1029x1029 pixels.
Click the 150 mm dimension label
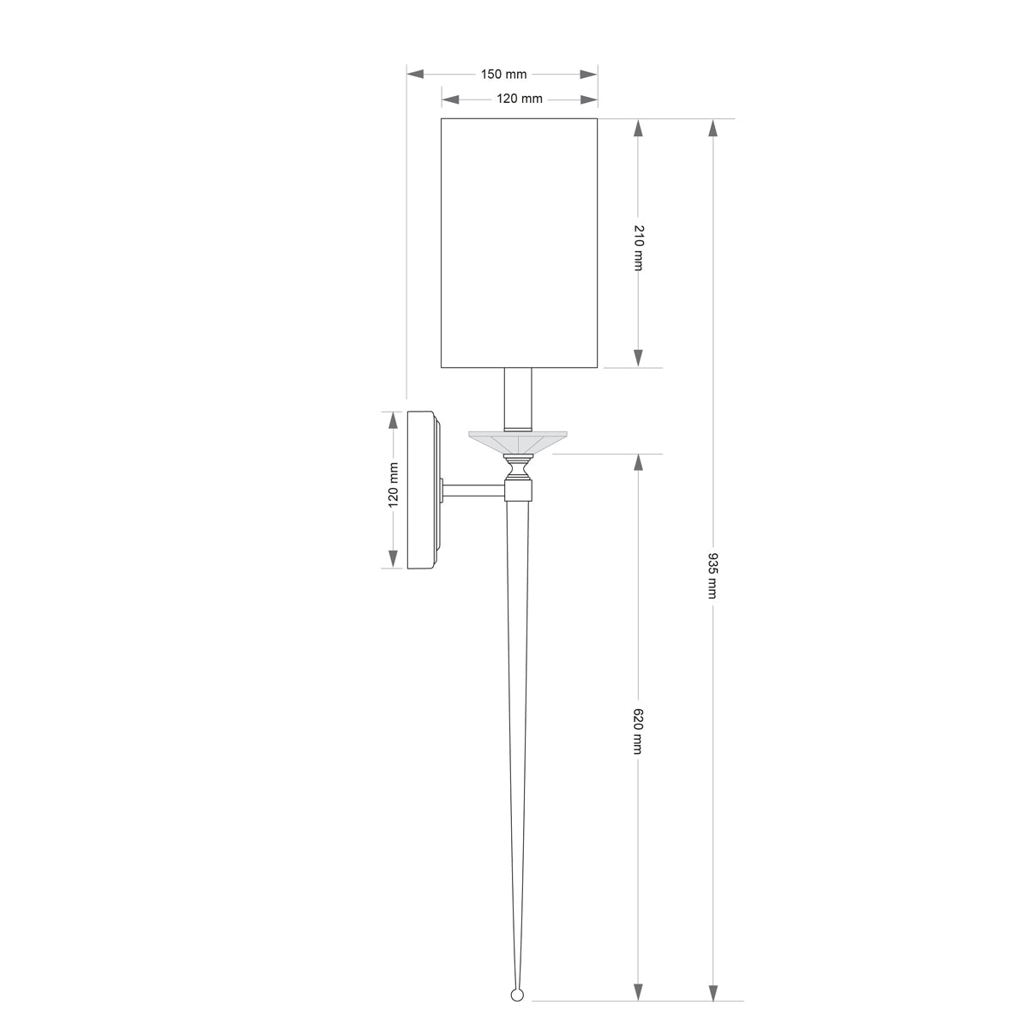503,75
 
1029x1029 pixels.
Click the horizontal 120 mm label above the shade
519,99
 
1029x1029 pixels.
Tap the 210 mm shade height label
638,248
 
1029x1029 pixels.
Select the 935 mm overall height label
713,575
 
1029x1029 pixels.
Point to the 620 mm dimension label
638,731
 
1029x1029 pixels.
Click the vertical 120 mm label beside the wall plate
394,484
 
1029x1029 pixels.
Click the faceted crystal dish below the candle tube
517,442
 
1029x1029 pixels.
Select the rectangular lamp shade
519,243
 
